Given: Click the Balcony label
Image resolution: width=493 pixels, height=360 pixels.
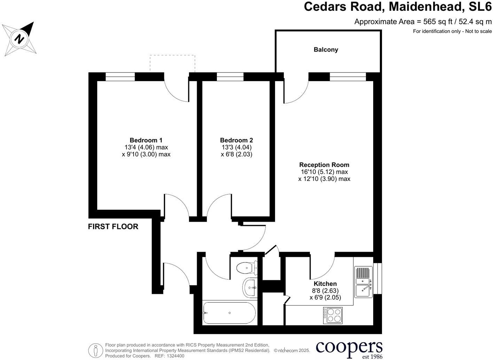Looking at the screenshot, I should coord(326,49).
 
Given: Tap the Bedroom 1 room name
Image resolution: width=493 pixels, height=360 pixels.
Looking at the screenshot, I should coord(146,140).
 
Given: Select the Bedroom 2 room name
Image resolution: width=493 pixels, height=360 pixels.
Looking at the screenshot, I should coord(236,140).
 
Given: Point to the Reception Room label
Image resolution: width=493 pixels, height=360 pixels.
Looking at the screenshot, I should coord(324,165).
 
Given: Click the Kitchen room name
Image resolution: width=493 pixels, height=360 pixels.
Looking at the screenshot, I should coord(325,284).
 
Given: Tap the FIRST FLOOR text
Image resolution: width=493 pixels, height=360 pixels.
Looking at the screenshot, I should coord(113,227).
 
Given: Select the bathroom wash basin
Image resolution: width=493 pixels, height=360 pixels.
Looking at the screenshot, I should coord(249,288).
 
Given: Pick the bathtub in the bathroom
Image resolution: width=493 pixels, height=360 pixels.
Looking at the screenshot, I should coord(230,313).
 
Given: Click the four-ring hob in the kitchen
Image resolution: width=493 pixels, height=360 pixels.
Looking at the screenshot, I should coord(333,315).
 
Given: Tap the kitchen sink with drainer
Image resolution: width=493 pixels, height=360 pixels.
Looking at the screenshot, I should coord(363,282).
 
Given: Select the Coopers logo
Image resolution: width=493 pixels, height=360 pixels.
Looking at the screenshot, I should coord(349,348).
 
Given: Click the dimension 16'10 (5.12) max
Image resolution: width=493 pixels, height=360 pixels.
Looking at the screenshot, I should coord(324,172).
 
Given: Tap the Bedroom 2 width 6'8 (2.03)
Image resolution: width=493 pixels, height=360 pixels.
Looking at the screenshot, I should coord(236,154).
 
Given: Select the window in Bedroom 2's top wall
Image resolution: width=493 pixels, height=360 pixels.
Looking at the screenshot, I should coord(230,77).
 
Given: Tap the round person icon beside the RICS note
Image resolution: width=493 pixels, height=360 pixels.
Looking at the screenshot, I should coord(95,350).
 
